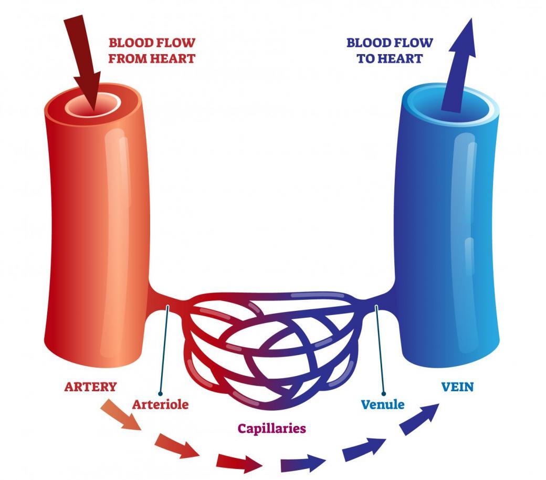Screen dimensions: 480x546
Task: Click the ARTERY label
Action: pos(90,387)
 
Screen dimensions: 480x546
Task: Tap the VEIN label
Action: pos(457,387)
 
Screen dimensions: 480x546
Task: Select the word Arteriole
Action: pos(160,405)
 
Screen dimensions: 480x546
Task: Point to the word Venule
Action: pos(383,405)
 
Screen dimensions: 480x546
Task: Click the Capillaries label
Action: pos(271,428)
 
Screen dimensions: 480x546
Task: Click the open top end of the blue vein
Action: pos(451,103)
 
